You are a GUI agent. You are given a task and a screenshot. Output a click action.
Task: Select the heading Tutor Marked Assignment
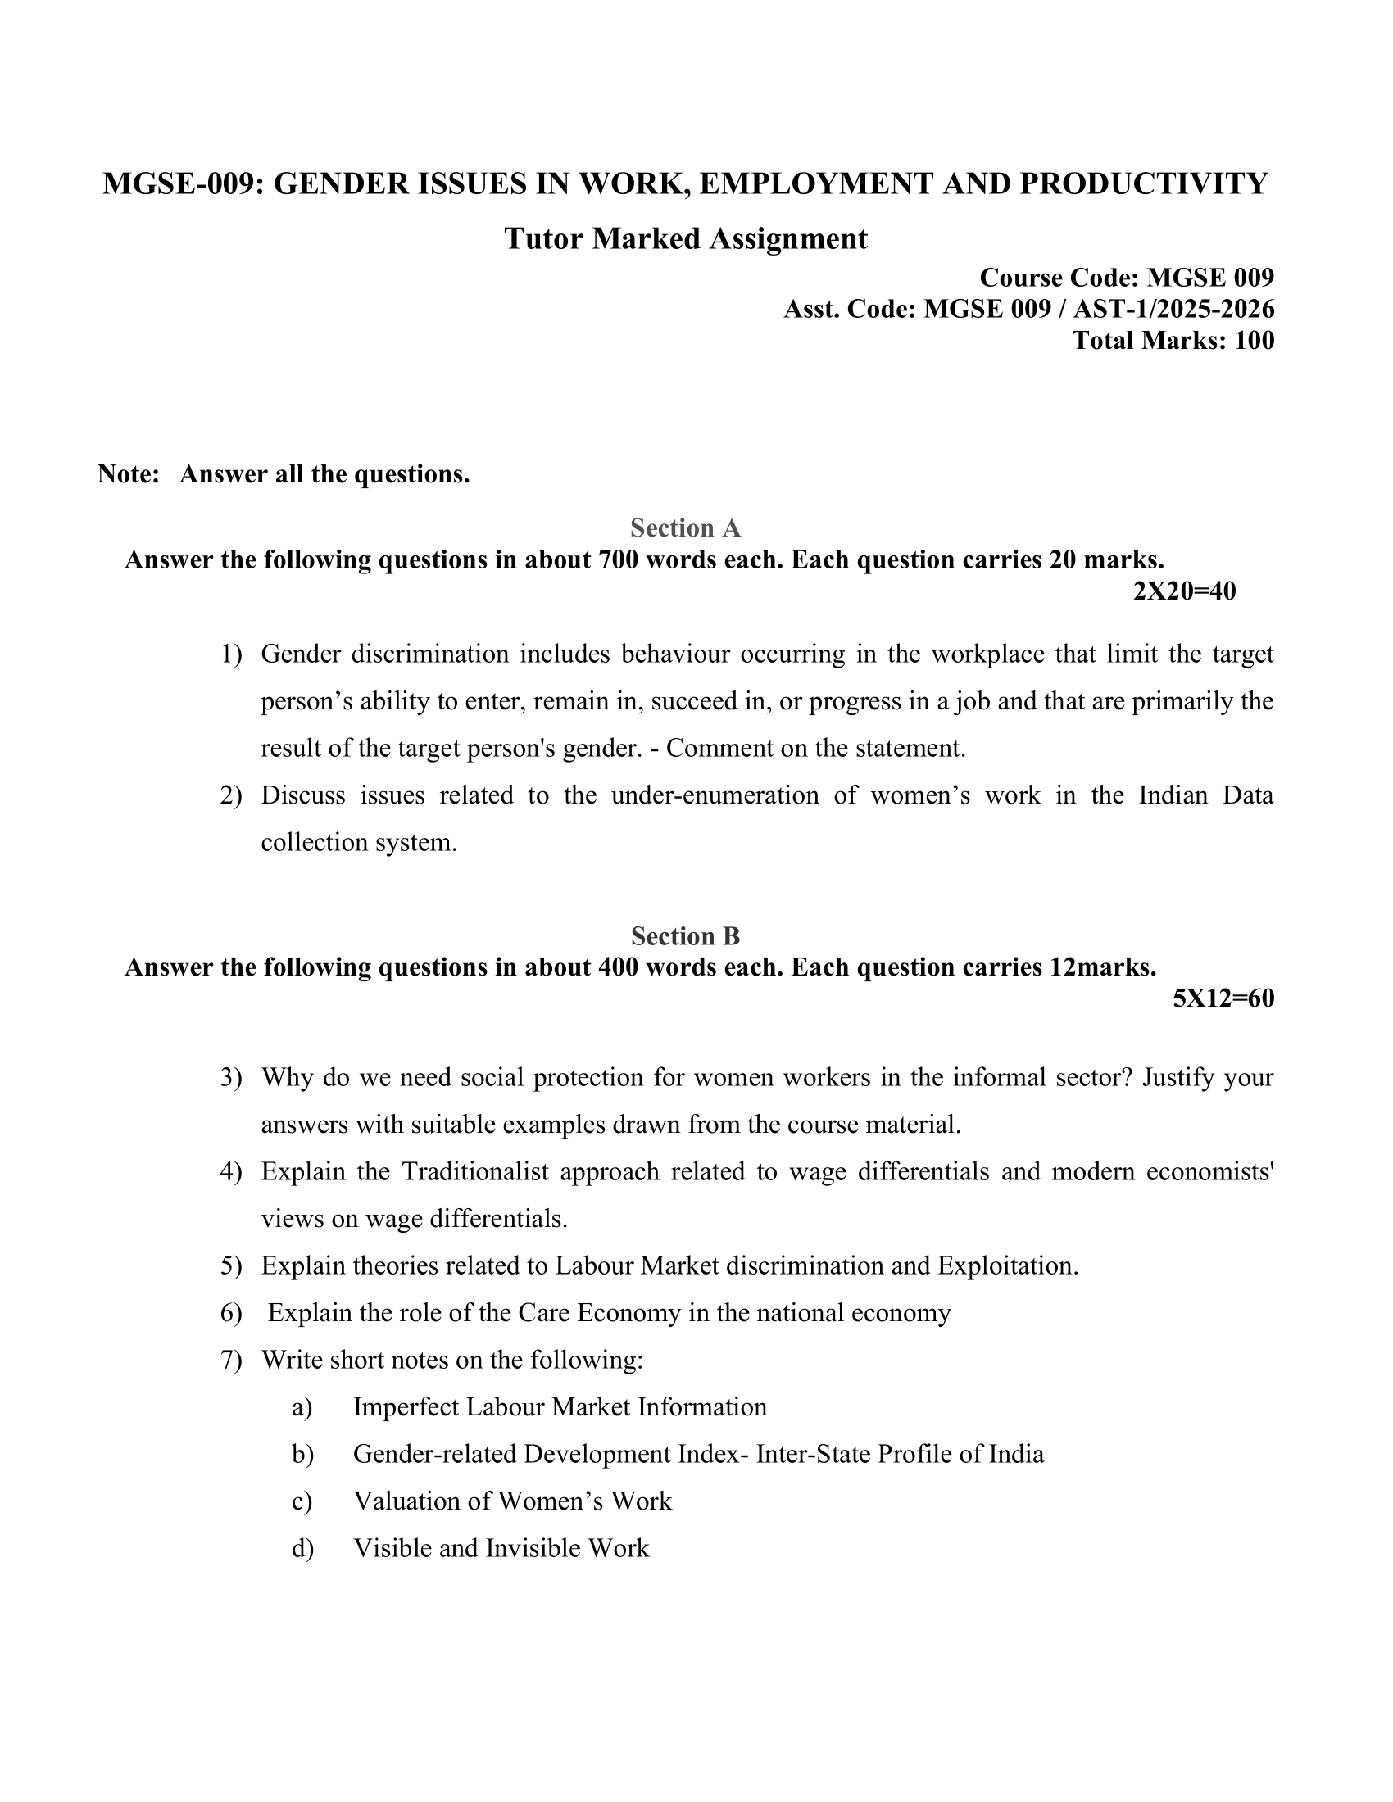tap(686, 238)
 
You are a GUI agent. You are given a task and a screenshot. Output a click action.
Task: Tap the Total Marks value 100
tap(1254, 340)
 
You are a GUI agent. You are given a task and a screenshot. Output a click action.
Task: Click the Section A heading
tap(685, 527)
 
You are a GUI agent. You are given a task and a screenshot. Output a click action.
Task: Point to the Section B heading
tap(685, 935)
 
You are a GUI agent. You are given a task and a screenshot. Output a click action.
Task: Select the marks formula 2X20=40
tap(1184, 591)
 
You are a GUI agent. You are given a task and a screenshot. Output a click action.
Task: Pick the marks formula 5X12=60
tap(1223, 998)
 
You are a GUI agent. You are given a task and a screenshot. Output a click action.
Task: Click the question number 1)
tap(231, 654)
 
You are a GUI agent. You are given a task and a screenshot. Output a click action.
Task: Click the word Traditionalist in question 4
tap(474, 1171)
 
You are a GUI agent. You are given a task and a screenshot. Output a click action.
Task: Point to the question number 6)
tap(231, 1313)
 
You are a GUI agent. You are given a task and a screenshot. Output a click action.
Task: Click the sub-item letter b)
tap(302, 1454)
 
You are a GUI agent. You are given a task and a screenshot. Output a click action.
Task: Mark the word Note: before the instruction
tap(128, 474)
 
